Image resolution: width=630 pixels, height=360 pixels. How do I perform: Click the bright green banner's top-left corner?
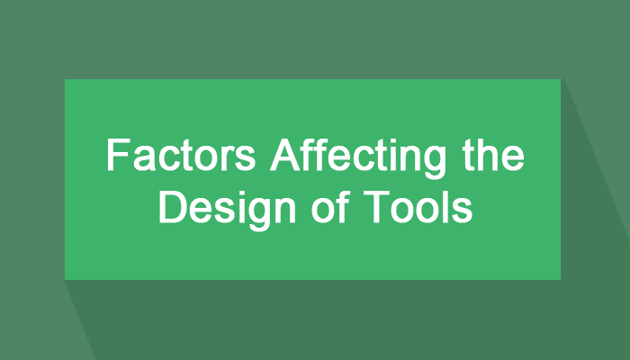click(x=65, y=79)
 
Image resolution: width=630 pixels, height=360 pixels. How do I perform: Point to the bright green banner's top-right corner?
click(x=560, y=79)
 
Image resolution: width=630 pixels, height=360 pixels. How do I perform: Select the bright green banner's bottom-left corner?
click(x=65, y=279)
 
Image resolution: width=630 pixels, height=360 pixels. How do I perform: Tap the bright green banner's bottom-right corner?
click(x=560, y=279)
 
